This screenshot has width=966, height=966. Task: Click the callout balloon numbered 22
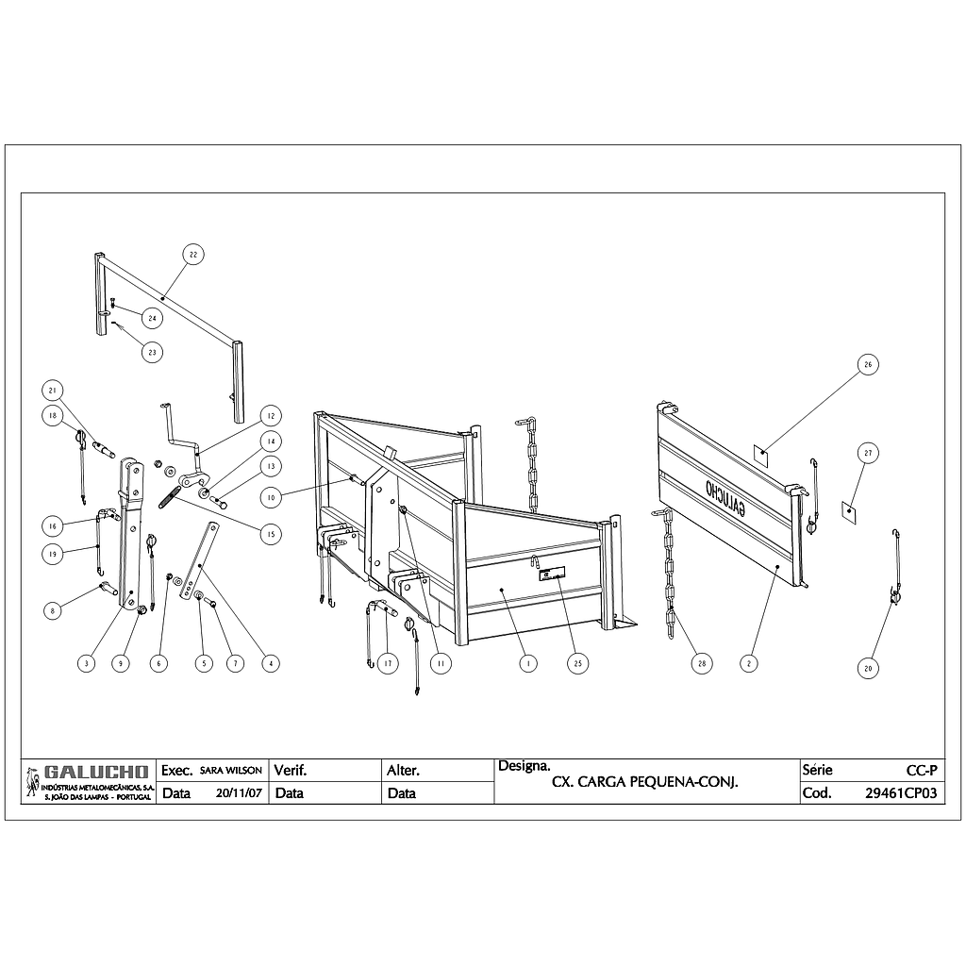[193, 255]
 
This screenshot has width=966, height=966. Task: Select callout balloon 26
[868, 365]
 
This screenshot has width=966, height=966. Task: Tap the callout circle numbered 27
[868, 454]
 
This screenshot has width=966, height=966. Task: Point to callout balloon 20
[868, 669]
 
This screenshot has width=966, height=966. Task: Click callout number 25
[578, 663]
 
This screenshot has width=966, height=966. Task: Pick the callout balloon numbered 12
[271, 416]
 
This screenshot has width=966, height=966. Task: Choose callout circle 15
[271, 534]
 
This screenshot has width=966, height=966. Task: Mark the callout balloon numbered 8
[53, 611]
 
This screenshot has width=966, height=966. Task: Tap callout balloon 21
[53, 391]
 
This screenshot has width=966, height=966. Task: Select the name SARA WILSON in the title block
[231, 771]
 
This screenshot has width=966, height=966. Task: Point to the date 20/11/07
[239, 792]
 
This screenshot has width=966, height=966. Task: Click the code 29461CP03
[901, 792]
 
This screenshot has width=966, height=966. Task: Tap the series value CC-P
[922, 770]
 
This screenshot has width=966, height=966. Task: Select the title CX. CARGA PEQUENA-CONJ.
[644, 782]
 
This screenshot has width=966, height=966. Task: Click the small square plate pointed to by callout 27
[849, 511]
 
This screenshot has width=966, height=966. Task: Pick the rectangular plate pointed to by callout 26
[762, 455]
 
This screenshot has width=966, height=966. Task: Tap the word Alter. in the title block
[404, 770]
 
